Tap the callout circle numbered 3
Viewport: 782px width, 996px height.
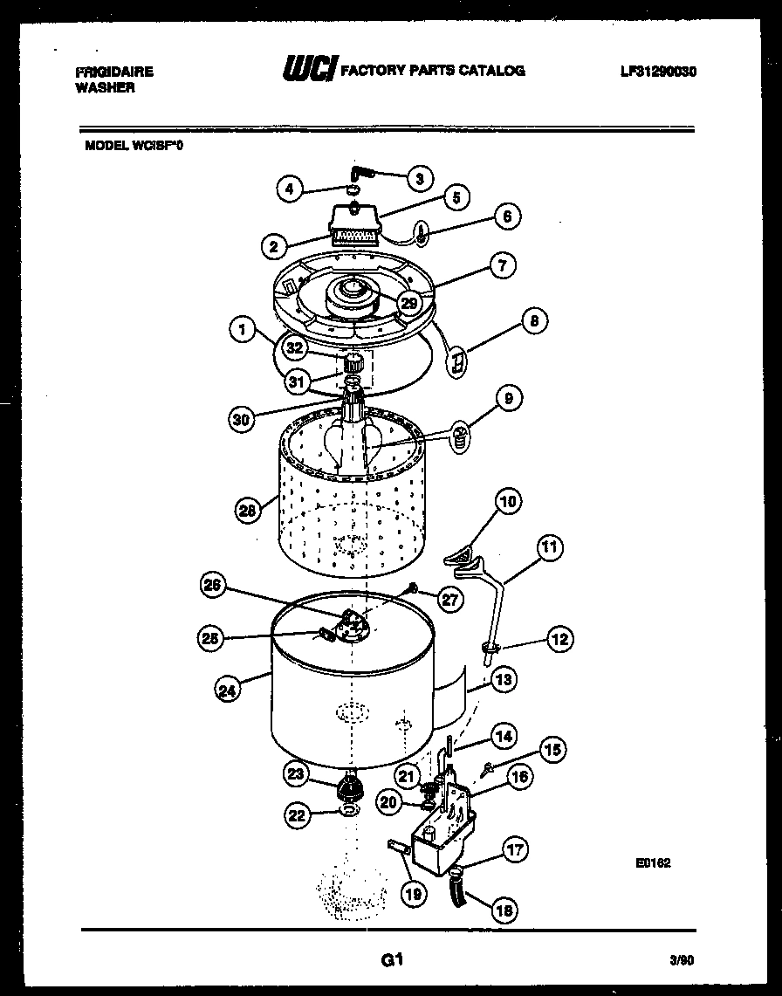(x=420, y=178)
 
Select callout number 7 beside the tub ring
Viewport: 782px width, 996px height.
(x=502, y=265)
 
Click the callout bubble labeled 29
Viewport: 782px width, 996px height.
(x=409, y=302)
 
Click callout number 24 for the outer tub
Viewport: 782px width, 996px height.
(x=228, y=689)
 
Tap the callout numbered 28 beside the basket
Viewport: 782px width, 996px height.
(x=248, y=511)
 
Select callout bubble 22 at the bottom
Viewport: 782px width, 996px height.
(x=297, y=815)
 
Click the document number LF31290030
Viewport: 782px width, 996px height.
(x=658, y=72)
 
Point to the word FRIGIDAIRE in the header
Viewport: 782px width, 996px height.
(x=114, y=72)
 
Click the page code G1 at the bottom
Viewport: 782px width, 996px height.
(x=390, y=960)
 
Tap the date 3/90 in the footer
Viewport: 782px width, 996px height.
(x=682, y=960)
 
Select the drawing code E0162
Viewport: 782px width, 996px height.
(x=653, y=863)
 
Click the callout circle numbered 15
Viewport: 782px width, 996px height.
(x=552, y=748)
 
